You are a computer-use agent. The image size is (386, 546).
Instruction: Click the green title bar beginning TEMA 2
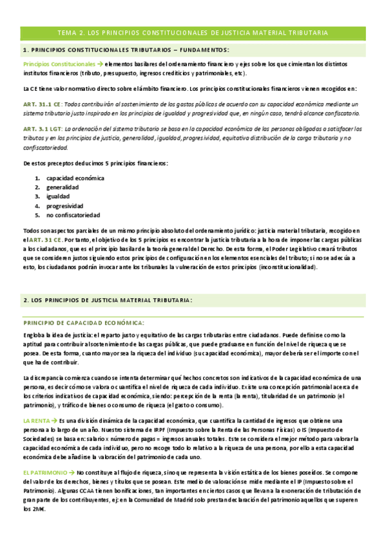(193, 32)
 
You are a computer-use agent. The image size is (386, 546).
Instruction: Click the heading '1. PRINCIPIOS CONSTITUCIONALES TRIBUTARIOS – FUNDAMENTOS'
(126, 50)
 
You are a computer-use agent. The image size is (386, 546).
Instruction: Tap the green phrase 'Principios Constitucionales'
(58, 65)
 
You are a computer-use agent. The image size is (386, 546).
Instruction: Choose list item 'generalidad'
(63, 187)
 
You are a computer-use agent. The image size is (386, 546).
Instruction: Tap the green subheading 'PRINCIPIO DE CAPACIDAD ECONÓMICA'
(84, 323)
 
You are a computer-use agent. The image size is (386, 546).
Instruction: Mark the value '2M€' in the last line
(31, 509)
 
